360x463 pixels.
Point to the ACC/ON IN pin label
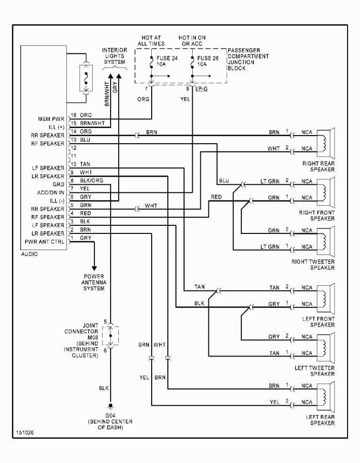(50, 192)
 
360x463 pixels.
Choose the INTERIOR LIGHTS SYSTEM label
(114, 56)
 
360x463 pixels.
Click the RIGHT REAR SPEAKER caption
(319, 166)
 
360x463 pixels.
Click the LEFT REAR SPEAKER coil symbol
(324, 395)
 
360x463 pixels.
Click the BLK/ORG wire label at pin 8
(92, 180)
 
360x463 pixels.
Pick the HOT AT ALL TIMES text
(151, 41)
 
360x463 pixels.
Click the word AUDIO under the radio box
(30, 253)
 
